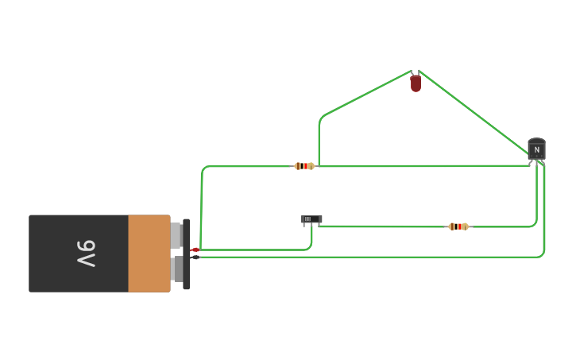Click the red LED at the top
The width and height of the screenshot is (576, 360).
416,83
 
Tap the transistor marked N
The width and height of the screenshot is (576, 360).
536,149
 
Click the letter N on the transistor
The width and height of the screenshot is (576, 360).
536,149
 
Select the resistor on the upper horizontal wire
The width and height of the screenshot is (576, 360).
303,166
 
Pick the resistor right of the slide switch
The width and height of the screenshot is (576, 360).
458,226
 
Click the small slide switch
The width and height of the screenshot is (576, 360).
311,219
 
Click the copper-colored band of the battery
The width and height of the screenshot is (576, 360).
149,254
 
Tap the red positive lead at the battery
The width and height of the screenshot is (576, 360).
195,250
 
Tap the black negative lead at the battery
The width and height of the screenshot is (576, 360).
195,257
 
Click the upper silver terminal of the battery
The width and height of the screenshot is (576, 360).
176,235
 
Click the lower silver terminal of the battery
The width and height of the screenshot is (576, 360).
176,269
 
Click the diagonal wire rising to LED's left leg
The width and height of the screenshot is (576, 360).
365,95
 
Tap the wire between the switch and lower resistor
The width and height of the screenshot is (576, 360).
381,226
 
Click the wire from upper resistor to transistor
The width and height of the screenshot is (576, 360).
421,166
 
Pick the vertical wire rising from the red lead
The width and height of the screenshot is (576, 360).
201,207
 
